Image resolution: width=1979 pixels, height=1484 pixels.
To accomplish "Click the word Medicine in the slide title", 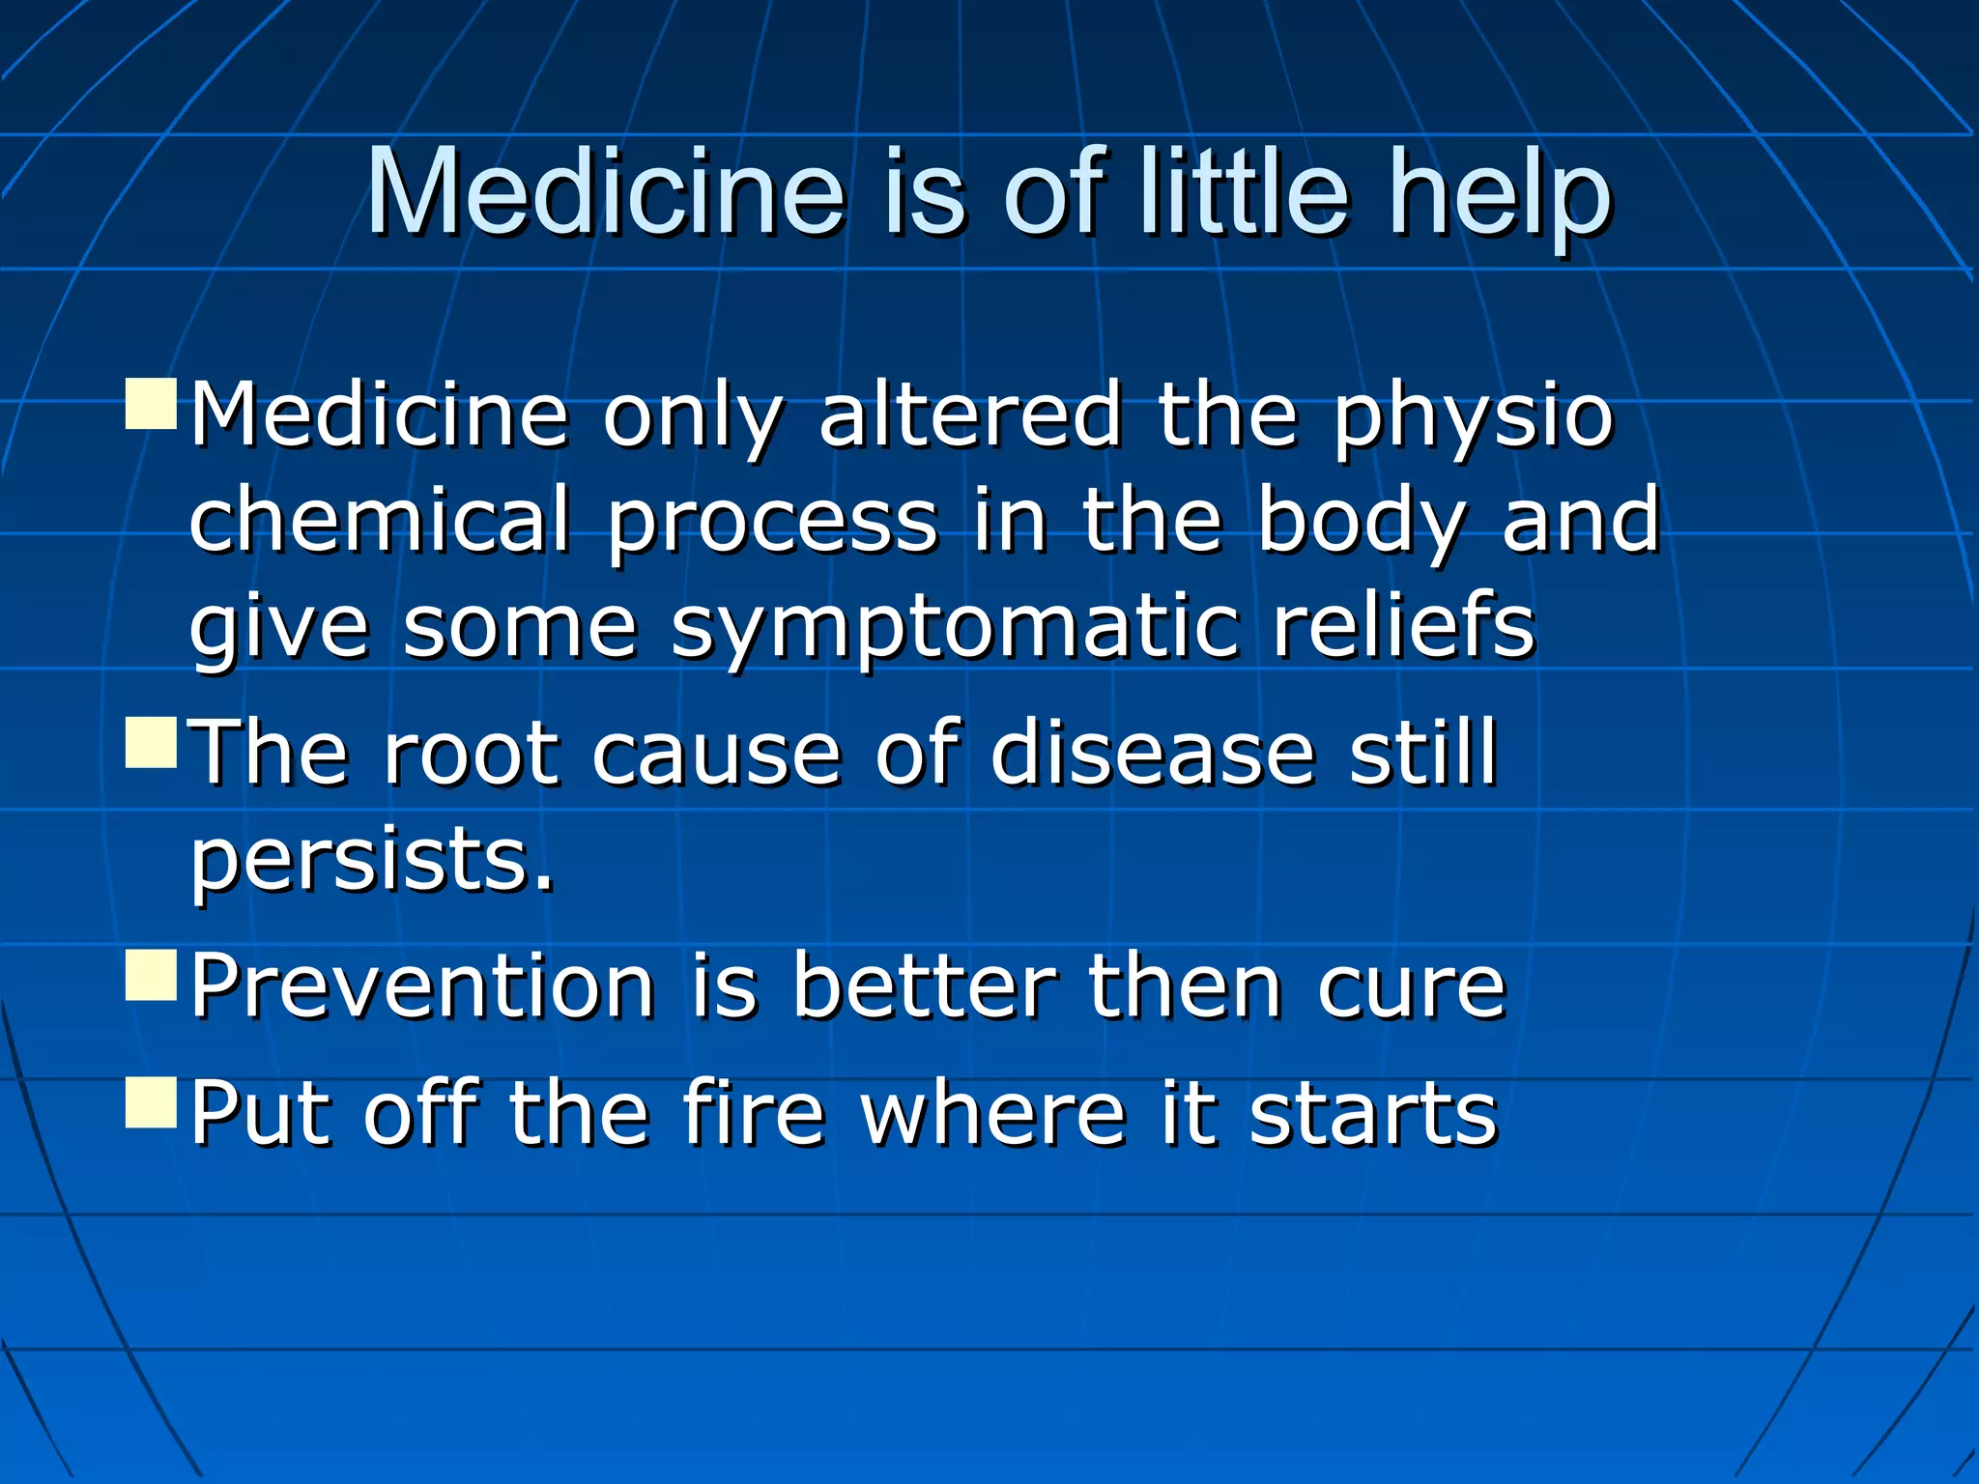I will tap(606, 193).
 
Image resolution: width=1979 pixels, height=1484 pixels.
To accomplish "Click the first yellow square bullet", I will tap(152, 404).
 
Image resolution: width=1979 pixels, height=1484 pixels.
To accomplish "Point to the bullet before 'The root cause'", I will tap(152, 742).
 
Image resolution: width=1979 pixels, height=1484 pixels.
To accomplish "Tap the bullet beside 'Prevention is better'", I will tap(152, 974).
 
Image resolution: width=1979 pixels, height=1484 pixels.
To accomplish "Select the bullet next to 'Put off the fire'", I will tap(152, 1102).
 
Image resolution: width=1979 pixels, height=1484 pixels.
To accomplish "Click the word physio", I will tap(1473, 417).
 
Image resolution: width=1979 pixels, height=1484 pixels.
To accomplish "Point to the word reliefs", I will tap(1403, 625).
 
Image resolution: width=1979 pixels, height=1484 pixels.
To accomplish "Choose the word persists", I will tap(372, 860).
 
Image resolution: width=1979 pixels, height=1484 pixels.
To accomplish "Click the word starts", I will tap(1373, 1114).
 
